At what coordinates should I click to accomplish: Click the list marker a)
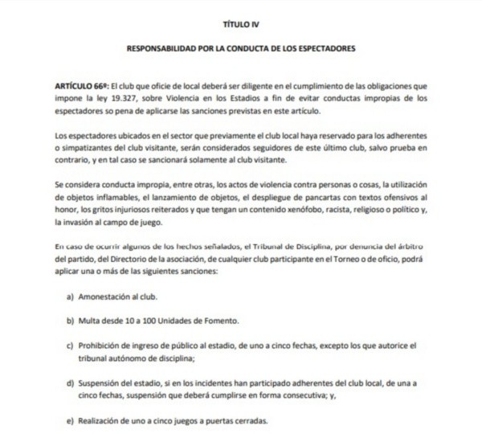pyautogui.click(x=71, y=297)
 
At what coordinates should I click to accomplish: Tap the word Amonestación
pyautogui.click(x=108, y=297)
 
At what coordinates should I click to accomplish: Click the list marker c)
pyautogui.click(x=71, y=346)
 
